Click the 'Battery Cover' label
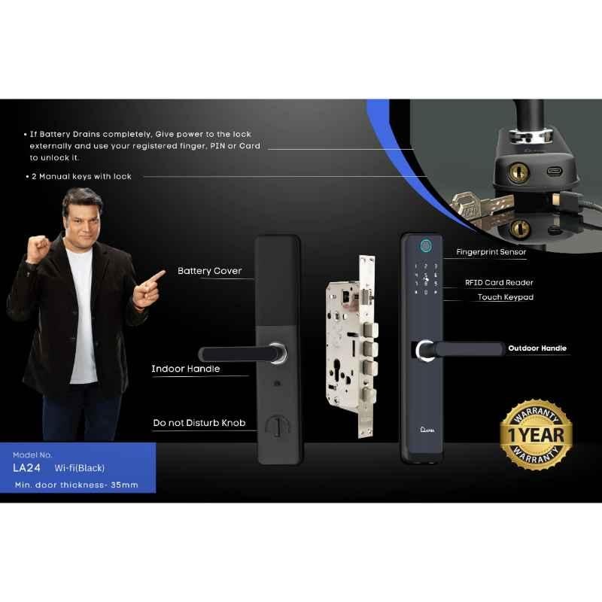(x=210, y=271)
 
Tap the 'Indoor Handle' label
(x=185, y=369)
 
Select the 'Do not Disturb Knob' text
(x=199, y=423)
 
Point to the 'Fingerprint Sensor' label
(x=491, y=252)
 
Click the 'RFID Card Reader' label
(x=499, y=283)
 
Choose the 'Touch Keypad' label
(x=506, y=297)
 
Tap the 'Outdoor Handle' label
(x=537, y=348)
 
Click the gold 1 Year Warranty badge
(x=537, y=435)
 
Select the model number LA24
(x=26, y=468)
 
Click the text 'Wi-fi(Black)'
(x=80, y=468)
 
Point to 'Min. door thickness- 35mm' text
(x=77, y=485)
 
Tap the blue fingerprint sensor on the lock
(x=425, y=246)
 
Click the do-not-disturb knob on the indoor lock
(x=278, y=426)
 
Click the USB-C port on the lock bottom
(x=554, y=171)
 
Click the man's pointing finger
(x=157, y=276)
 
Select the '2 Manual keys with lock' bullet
(x=79, y=177)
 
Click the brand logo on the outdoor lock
(x=427, y=430)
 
